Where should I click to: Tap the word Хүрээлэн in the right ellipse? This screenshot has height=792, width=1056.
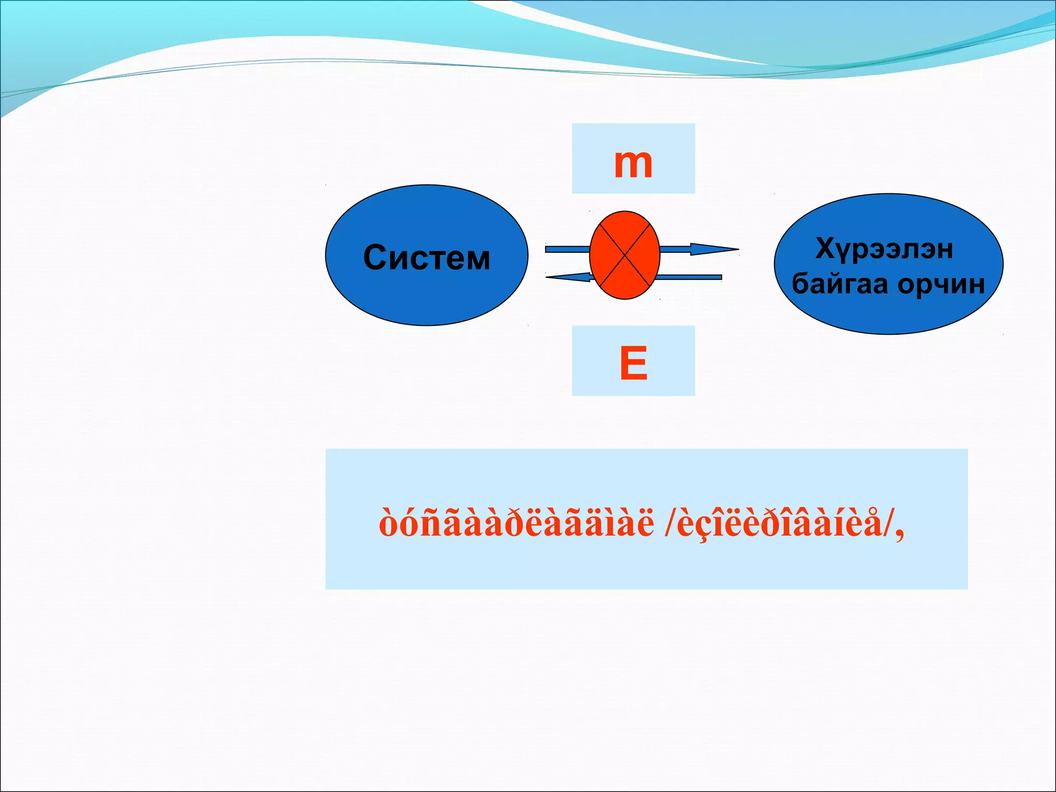[x=884, y=249]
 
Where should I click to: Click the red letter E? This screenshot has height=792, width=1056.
[x=633, y=364]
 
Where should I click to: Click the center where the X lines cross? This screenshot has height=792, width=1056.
[x=624, y=255]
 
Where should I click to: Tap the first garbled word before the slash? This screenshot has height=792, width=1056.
[x=516, y=523]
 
